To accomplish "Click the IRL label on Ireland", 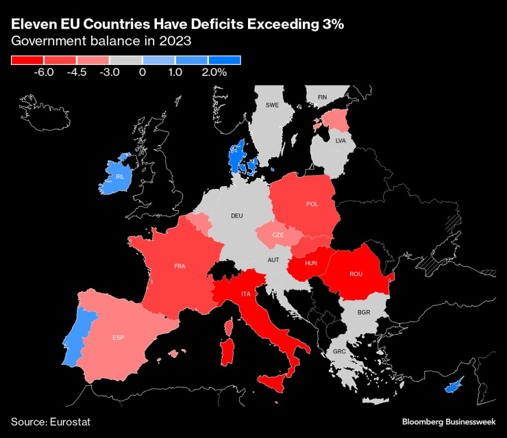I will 120,177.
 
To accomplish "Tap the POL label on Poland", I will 312,204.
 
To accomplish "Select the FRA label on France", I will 180,266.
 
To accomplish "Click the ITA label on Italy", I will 245,294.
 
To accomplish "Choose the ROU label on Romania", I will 356,274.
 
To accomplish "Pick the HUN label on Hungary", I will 311,263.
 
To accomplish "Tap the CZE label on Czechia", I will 277,235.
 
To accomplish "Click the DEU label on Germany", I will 237,216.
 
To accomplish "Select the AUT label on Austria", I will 273,260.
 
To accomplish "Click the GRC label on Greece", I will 339,351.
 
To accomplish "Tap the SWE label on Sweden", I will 272,105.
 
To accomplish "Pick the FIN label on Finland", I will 322,97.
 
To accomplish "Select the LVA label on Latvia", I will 341,140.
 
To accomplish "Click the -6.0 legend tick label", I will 45,72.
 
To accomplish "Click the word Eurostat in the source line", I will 70,422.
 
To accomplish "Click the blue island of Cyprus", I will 454,386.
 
